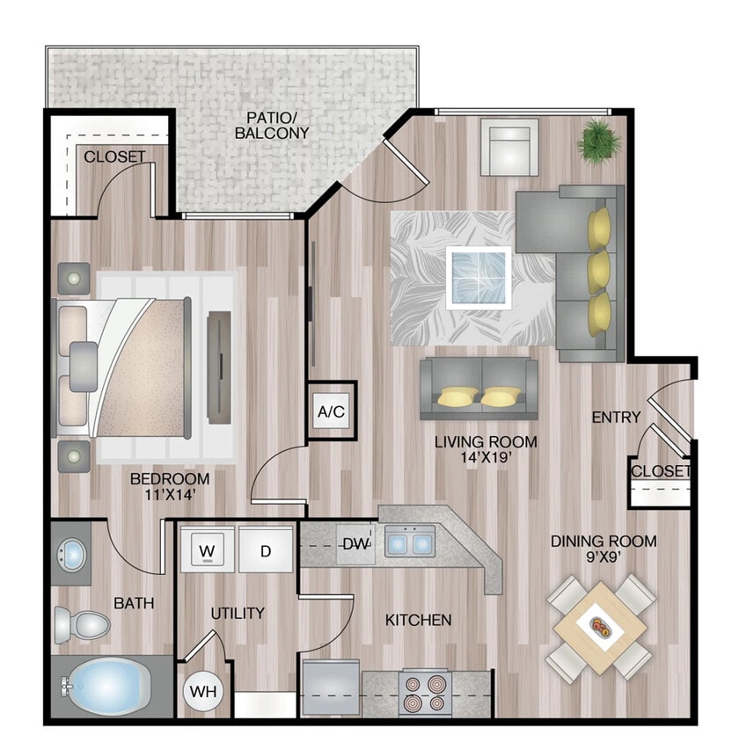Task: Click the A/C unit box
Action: point(331,411)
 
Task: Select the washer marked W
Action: point(208,550)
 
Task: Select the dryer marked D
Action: point(266,550)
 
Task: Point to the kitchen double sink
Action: point(409,542)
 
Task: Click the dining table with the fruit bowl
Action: point(602,627)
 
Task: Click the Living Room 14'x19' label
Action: point(486,449)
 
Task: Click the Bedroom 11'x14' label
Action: point(170,486)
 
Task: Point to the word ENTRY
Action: point(616,417)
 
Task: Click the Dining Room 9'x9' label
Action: point(604,549)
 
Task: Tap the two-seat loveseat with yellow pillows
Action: point(479,389)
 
